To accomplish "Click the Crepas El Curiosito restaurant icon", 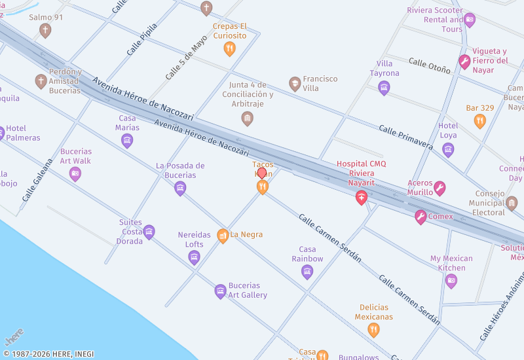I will (x=229, y=48).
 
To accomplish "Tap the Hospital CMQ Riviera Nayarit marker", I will (x=361, y=198).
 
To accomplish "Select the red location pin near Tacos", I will (x=262, y=173).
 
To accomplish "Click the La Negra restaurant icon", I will (x=223, y=235).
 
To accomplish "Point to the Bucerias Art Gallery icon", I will (x=221, y=291).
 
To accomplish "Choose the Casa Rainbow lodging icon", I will (x=307, y=272).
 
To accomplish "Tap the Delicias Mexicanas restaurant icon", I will (x=373, y=330).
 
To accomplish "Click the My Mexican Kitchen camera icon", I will (x=451, y=281).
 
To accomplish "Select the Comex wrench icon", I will (x=421, y=217).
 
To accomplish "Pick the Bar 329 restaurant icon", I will (x=480, y=121).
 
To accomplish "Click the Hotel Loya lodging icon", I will (x=448, y=150).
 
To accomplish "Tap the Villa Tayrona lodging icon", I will (x=384, y=87).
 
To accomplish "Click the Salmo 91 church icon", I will (x=45, y=30).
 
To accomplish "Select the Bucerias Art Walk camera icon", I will (x=75, y=174).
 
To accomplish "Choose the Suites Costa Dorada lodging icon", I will (x=149, y=232).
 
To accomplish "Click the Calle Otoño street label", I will (x=430, y=65).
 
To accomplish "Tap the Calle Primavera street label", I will (x=405, y=136).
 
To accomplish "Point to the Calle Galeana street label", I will (x=37, y=180).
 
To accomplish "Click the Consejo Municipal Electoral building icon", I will (x=512, y=203).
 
